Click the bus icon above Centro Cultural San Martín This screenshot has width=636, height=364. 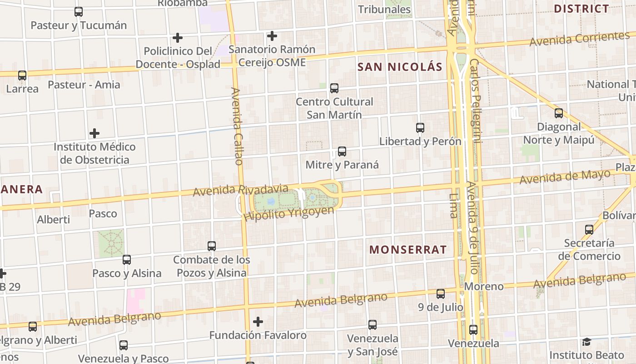(x=334, y=88)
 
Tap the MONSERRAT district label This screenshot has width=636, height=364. (x=407, y=250)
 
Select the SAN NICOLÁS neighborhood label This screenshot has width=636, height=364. (x=400, y=67)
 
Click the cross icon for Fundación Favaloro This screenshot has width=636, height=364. (x=258, y=322)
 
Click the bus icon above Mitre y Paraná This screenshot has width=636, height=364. (x=342, y=152)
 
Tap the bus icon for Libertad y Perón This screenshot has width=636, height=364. (x=420, y=128)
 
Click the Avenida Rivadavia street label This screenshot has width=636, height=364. (x=241, y=190)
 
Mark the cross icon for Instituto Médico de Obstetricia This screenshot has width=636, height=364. (x=94, y=133)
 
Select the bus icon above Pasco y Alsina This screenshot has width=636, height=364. (x=127, y=260)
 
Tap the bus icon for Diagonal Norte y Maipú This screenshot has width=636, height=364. (x=559, y=113)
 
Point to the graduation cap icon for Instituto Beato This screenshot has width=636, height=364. (x=586, y=342)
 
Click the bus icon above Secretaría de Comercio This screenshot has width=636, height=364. (x=589, y=230)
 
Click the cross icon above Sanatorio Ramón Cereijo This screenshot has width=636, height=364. (x=272, y=35)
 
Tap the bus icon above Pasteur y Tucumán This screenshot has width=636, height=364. (x=79, y=12)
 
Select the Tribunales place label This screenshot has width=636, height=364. (x=384, y=9)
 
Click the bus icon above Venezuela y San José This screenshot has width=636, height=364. (x=373, y=324)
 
